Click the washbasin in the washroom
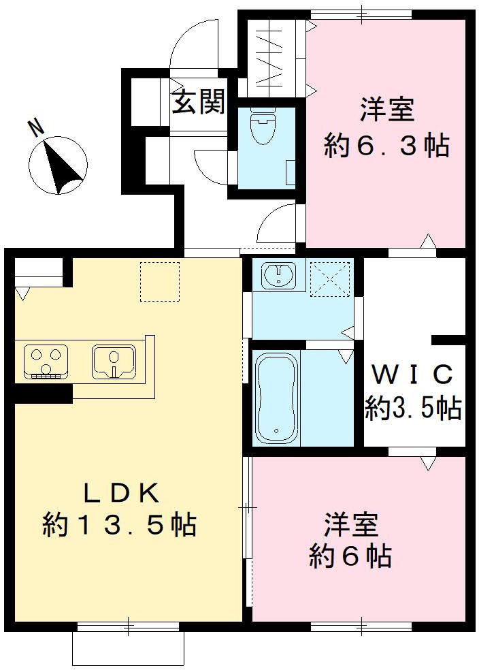coord(278,276)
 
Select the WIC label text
coord(412,374)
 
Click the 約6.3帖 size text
coord(386,146)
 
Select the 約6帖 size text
coord(350,557)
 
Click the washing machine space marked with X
coord(329,278)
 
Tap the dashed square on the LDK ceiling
coord(160,281)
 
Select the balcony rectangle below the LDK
coord(128,649)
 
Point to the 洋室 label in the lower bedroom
coord(350,525)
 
